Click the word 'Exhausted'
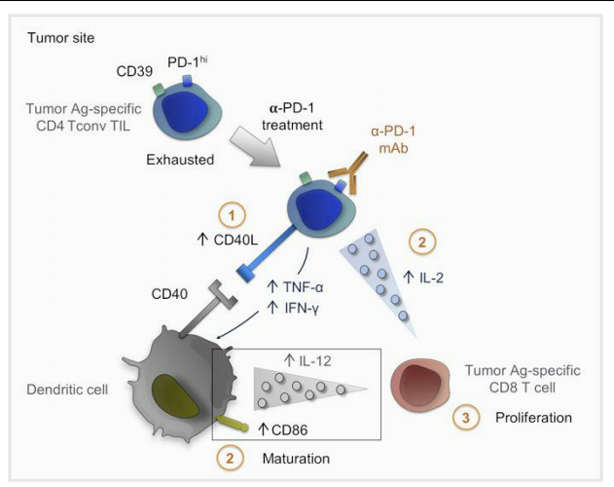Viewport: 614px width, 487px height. (183, 158)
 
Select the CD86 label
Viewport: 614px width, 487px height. (292, 427)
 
